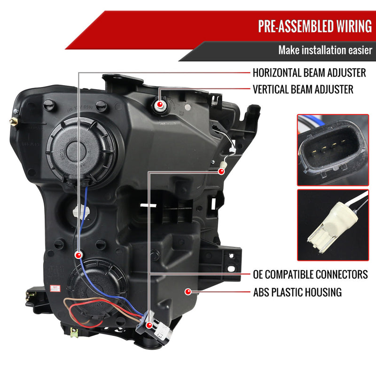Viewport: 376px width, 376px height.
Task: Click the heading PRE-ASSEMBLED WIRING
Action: pos(314,26)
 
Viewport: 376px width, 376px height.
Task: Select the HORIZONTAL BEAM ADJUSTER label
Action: pos(309,73)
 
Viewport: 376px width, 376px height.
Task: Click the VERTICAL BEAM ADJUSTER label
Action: pos(303,89)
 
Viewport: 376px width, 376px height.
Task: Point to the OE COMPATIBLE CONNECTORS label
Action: pos(310,274)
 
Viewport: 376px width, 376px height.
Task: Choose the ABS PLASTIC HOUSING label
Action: pos(297,292)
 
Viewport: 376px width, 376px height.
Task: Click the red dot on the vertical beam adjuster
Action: pos(160,104)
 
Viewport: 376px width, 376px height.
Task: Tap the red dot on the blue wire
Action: pos(78,254)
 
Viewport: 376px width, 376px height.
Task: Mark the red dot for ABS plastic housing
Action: pos(188,292)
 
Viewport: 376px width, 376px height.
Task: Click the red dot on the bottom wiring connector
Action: pos(149,325)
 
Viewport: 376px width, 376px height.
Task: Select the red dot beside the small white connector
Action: pos(221,171)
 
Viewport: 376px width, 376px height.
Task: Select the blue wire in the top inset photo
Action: pos(314,122)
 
